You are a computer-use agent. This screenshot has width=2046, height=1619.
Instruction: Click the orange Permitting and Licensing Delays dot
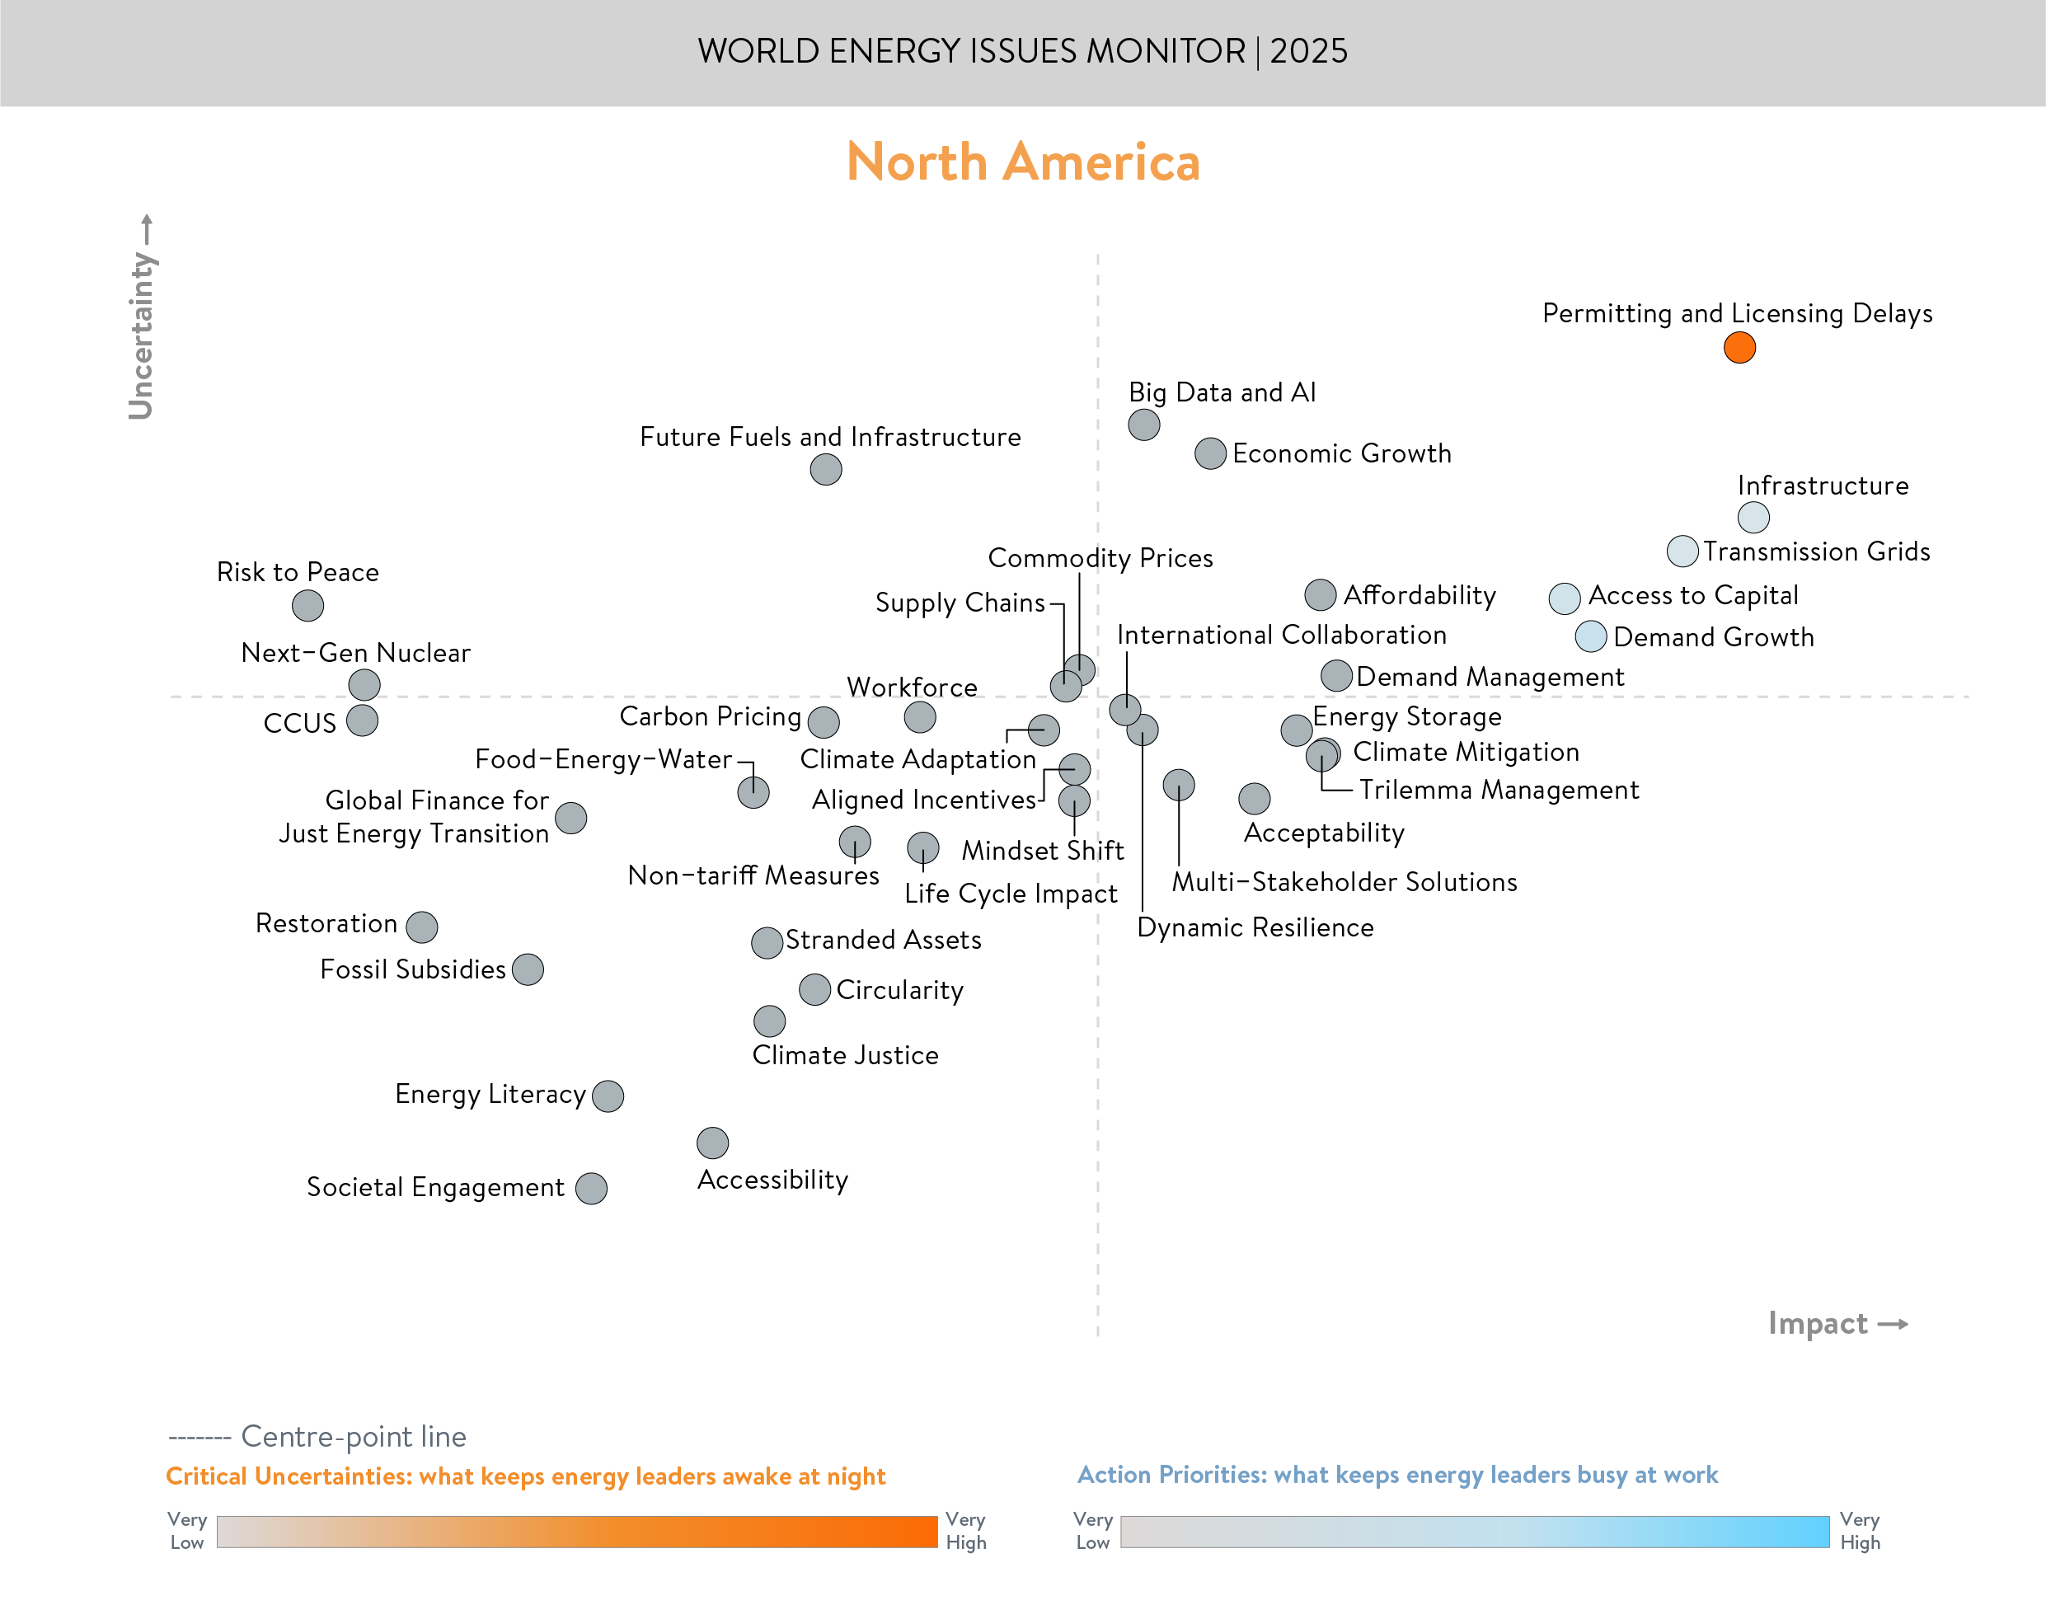[x=1739, y=348]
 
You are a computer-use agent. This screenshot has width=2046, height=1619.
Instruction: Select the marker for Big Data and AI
[x=1144, y=425]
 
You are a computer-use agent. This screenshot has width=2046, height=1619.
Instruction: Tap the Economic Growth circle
[x=1210, y=453]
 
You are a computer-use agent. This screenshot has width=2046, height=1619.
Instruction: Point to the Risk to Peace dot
[x=308, y=605]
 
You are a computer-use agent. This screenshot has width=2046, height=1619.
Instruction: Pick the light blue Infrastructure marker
[x=1753, y=518]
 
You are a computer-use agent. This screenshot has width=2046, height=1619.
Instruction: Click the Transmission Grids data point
[x=1682, y=551]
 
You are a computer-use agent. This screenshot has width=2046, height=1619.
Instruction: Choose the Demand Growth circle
[x=1590, y=636]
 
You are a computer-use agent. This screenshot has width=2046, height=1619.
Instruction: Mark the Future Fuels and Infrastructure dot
[x=825, y=469]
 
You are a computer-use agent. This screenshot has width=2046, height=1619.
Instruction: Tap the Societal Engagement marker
[x=591, y=1188]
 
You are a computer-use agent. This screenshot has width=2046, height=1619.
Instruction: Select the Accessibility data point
[x=713, y=1143]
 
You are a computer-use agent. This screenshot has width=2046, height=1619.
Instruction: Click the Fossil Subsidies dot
[x=528, y=969]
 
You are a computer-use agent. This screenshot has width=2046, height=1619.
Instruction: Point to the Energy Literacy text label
[x=490, y=1094]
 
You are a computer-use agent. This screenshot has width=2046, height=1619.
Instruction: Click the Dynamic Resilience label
[x=1255, y=927]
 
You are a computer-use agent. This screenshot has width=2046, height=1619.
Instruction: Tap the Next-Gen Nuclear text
[x=355, y=652]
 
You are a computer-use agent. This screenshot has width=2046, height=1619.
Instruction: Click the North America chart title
[x=1022, y=162]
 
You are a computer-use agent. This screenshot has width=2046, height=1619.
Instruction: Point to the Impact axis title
[x=1818, y=1323]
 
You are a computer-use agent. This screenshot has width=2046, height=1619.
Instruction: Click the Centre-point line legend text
[x=354, y=1436]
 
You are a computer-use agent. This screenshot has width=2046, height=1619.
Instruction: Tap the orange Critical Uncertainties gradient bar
[x=576, y=1532]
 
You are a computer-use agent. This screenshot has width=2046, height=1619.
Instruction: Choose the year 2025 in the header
[x=1309, y=51]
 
